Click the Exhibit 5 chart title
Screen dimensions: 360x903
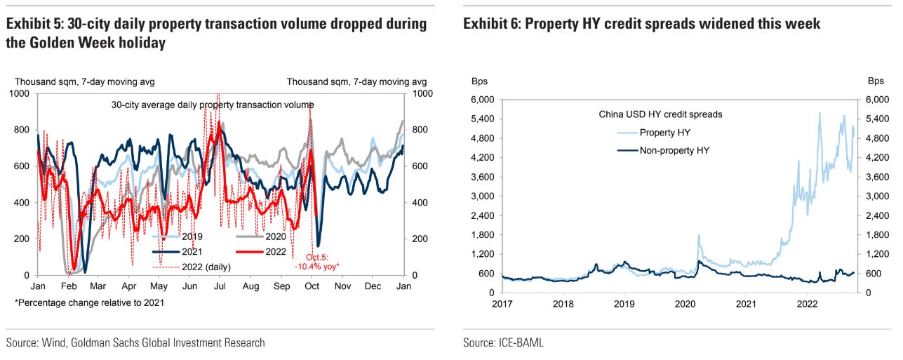pos(216,33)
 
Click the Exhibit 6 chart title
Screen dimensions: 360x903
pos(641,24)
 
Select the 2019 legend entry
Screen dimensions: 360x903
pos(191,236)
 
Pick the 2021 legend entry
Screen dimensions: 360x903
pos(191,251)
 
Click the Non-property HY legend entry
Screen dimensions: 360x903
pos(675,150)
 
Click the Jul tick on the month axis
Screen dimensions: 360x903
pos(220,287)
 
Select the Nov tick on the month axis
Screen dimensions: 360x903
pos(342,287)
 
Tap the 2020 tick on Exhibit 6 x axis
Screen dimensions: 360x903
pos(684,305)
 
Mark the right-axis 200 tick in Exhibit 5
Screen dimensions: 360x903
pos(420,239)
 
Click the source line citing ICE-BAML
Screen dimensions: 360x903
pos(503,343)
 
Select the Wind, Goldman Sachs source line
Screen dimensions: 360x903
pos(135,343)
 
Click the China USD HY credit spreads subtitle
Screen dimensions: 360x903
pos(660,114)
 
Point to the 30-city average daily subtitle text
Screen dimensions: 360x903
pos(213,105)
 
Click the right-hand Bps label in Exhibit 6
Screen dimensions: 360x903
pos(876,81)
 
